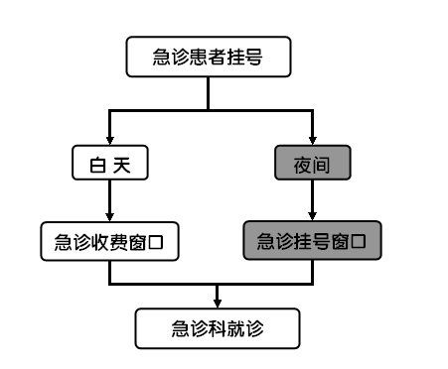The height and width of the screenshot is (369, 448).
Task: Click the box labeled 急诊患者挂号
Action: tap(209, 58)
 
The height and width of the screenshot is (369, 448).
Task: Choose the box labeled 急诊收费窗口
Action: tap(109, 241)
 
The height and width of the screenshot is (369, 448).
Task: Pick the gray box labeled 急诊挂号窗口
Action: tap(312, 241)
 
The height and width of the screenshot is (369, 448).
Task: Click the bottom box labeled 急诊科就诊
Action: tap(217, 327)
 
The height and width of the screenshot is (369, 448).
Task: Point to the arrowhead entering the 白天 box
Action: tap(109, 142)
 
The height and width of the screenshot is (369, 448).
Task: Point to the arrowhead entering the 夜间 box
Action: tap(313, 142)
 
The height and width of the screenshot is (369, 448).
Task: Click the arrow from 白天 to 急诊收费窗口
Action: tap(109, 201)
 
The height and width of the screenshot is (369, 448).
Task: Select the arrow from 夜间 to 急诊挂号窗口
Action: tap(313, 201)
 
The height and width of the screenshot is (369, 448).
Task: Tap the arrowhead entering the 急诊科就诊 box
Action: tap(217, 302)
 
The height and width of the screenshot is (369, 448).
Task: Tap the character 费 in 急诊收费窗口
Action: tap(118, 241)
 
